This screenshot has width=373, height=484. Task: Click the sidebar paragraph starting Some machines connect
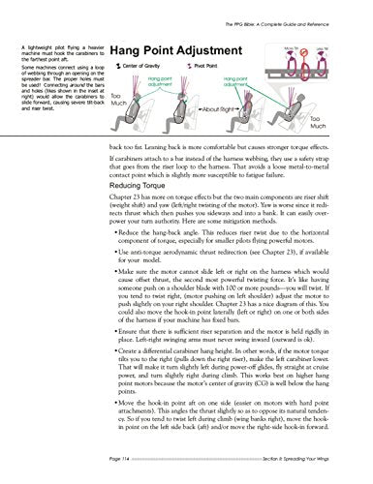point(52,85)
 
